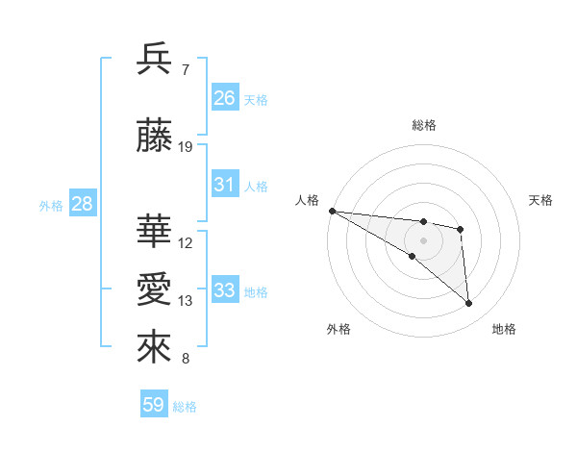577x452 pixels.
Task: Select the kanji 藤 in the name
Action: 155,138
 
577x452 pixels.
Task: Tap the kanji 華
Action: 155,233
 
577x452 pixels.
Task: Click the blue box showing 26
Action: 225,98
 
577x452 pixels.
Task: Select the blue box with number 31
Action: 225,185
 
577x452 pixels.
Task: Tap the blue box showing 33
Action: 225,290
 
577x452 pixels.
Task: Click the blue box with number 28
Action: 82,204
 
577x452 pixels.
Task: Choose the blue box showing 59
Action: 154,405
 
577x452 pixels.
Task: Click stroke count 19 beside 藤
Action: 186,147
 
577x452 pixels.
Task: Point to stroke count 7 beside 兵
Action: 186,69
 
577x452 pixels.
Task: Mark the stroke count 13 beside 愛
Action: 186,301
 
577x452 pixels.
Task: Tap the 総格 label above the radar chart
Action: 424,125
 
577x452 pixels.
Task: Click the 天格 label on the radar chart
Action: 541,200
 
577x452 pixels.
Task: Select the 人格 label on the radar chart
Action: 307,200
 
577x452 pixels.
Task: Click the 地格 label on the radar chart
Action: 504,329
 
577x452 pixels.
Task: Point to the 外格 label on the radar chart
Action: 339,329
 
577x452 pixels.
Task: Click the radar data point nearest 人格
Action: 332,211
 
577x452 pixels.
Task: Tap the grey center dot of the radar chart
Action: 423,239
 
